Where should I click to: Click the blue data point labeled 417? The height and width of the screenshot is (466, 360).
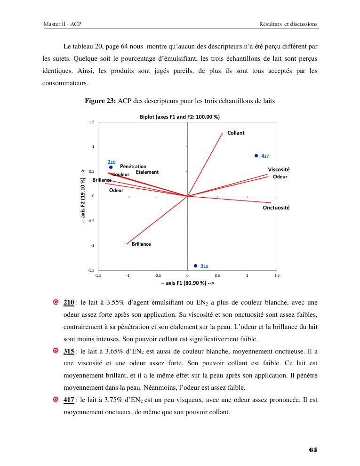click(256, 155)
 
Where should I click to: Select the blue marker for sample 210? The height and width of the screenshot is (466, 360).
click(111, 167)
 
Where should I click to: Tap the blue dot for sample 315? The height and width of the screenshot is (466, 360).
click(195, 265)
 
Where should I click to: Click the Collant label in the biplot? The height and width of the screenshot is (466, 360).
click(236, 133)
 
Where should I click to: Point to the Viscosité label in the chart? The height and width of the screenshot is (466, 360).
click(279, 169)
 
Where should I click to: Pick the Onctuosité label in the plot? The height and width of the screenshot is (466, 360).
click(276, 208)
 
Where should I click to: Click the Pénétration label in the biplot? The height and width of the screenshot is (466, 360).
click(133, 166)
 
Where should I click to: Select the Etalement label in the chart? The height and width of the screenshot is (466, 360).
click(147, 172)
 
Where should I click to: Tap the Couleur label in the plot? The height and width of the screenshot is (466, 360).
click(121, 175)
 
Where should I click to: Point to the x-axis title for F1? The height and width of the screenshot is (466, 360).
click(187, 283)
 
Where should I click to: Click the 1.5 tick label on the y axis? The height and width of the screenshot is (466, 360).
click(91, 122)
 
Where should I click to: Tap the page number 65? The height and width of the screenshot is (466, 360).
click(313, 450)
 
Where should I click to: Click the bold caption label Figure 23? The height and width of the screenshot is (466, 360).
click(100, 101)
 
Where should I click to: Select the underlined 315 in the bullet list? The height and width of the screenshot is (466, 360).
click(69, 352)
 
